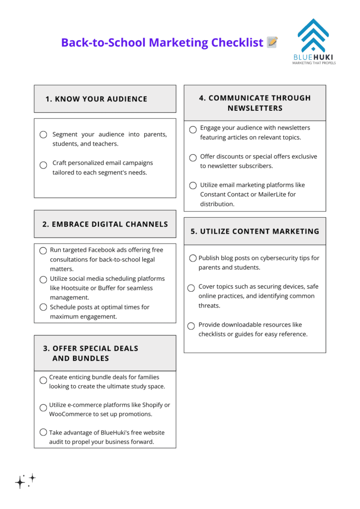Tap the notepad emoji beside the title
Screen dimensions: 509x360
point(272,42)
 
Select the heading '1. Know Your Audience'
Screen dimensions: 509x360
point(96,99)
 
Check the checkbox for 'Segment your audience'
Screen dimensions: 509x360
point(43,135)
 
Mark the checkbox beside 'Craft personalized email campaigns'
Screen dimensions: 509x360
point(43,165)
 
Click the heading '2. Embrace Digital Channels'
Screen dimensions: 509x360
point(105,224)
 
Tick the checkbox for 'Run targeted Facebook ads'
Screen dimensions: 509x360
point(43,251)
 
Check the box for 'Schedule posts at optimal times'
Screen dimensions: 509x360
point(43,307)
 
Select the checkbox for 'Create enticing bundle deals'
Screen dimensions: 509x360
point(43,380)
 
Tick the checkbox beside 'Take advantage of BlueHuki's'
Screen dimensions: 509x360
point(43,432)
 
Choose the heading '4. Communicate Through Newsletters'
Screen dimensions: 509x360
point(255,103)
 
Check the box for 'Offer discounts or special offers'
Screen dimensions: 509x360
point(193,158)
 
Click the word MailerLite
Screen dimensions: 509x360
point(276,194)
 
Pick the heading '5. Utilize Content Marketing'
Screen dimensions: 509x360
point(255,231)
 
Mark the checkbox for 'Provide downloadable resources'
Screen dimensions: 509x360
point(191,326)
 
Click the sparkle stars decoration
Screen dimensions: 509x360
point(25,480)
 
